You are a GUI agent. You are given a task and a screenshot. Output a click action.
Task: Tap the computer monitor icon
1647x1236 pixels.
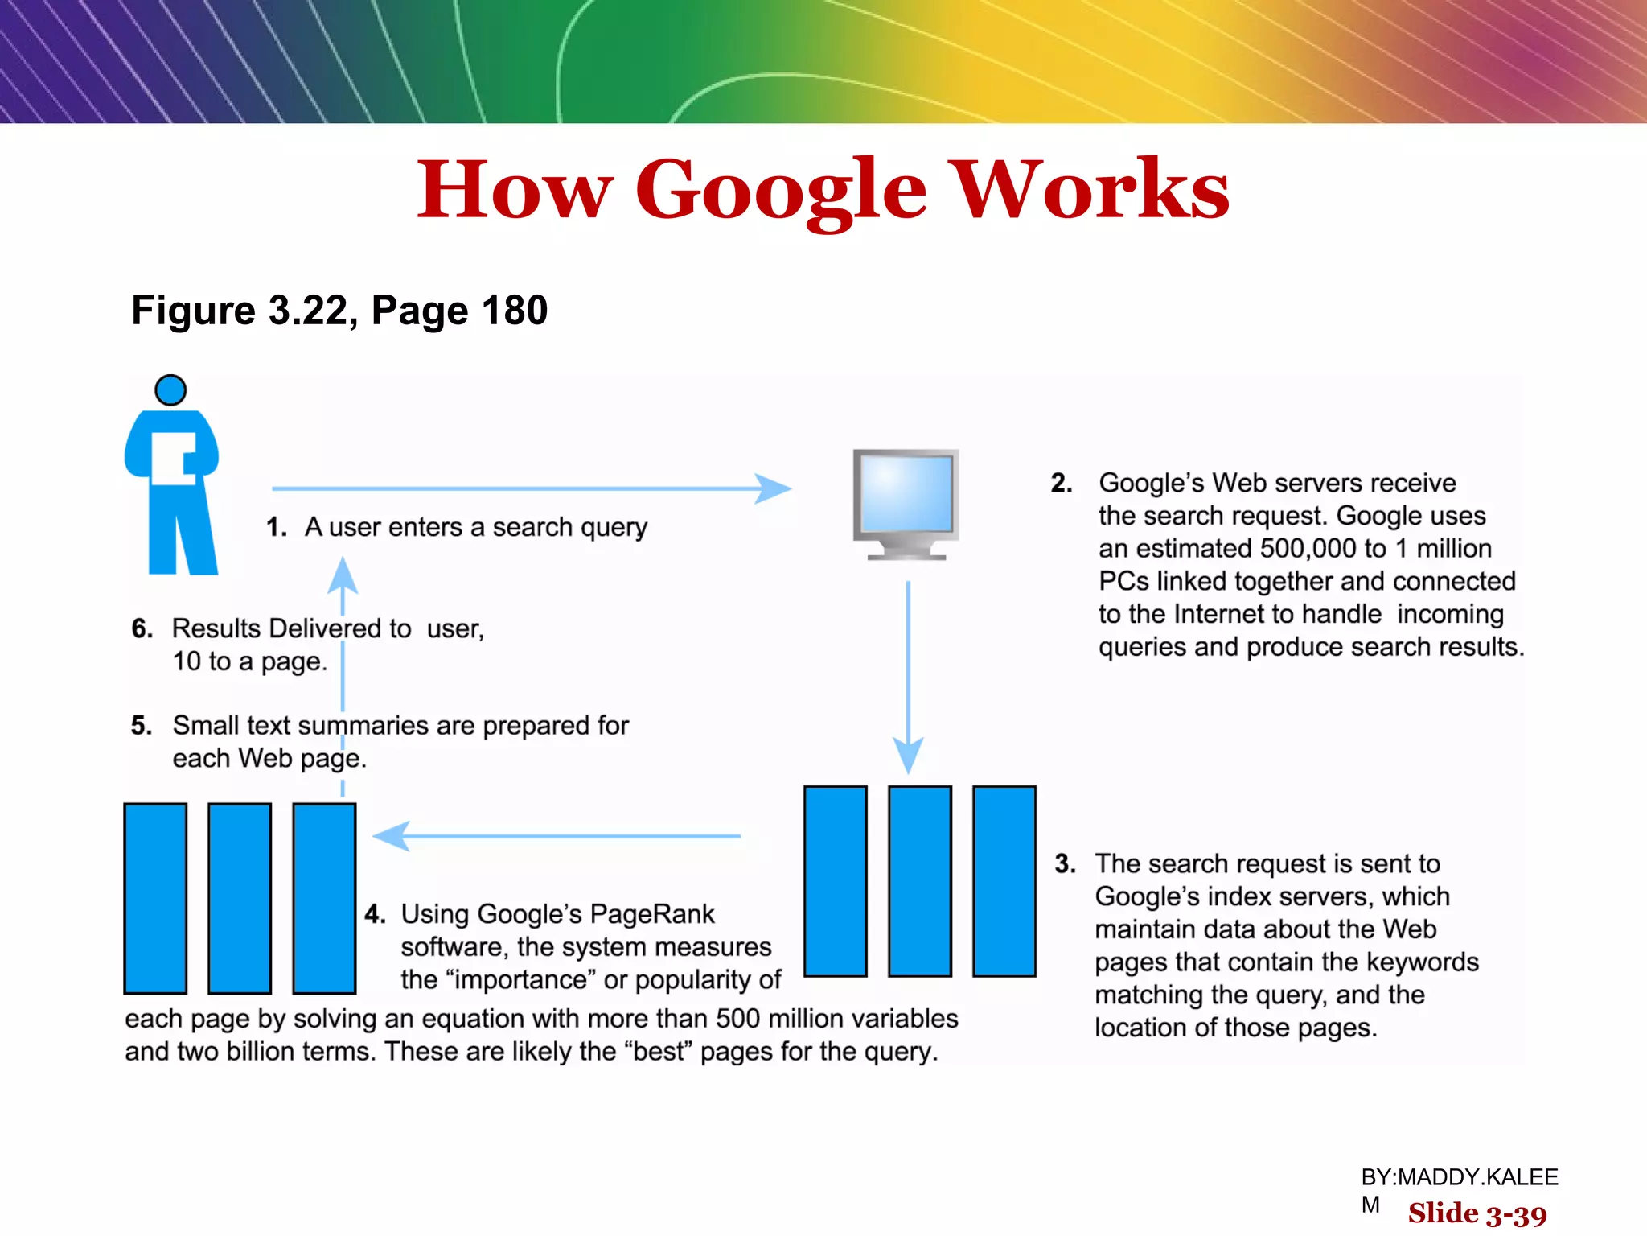[906, 503]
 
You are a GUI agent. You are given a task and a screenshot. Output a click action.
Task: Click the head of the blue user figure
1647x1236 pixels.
[170, 390]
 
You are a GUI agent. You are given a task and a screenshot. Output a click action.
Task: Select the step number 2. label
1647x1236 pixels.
[1062, 483]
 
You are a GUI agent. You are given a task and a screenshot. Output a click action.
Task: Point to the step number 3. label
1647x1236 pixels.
[1066, 863]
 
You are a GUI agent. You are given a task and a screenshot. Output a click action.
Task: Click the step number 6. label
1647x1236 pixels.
[142, 628]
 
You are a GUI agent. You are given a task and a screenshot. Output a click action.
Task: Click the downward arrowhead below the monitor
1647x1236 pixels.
[908, 755]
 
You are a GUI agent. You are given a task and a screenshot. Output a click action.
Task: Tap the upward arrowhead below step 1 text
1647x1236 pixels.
[343, 575]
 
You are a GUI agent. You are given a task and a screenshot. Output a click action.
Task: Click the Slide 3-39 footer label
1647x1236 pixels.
[1477, 1213]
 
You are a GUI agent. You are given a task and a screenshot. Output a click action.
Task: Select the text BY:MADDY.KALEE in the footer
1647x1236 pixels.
[1459, 1177]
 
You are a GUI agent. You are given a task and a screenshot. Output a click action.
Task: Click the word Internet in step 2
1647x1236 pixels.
[1277, 614]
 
